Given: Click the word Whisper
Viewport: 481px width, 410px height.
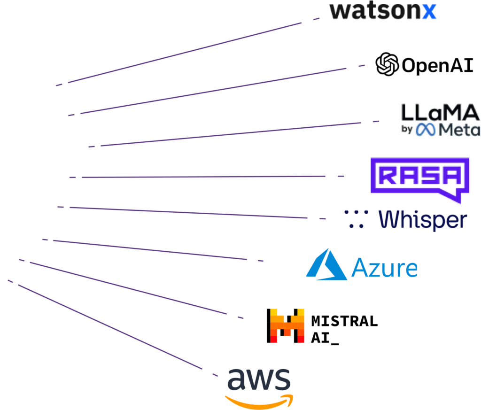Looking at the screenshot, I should click(423, 220).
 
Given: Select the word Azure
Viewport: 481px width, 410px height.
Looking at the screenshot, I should click(384, 268).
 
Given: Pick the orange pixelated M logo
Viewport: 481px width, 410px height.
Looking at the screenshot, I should click(287, 325).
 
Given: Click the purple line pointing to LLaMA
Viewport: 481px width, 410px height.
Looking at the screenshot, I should click(235, 134).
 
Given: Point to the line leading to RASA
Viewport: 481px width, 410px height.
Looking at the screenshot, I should click(202, 177).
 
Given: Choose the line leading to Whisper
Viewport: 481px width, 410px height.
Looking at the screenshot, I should click(188, 212).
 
